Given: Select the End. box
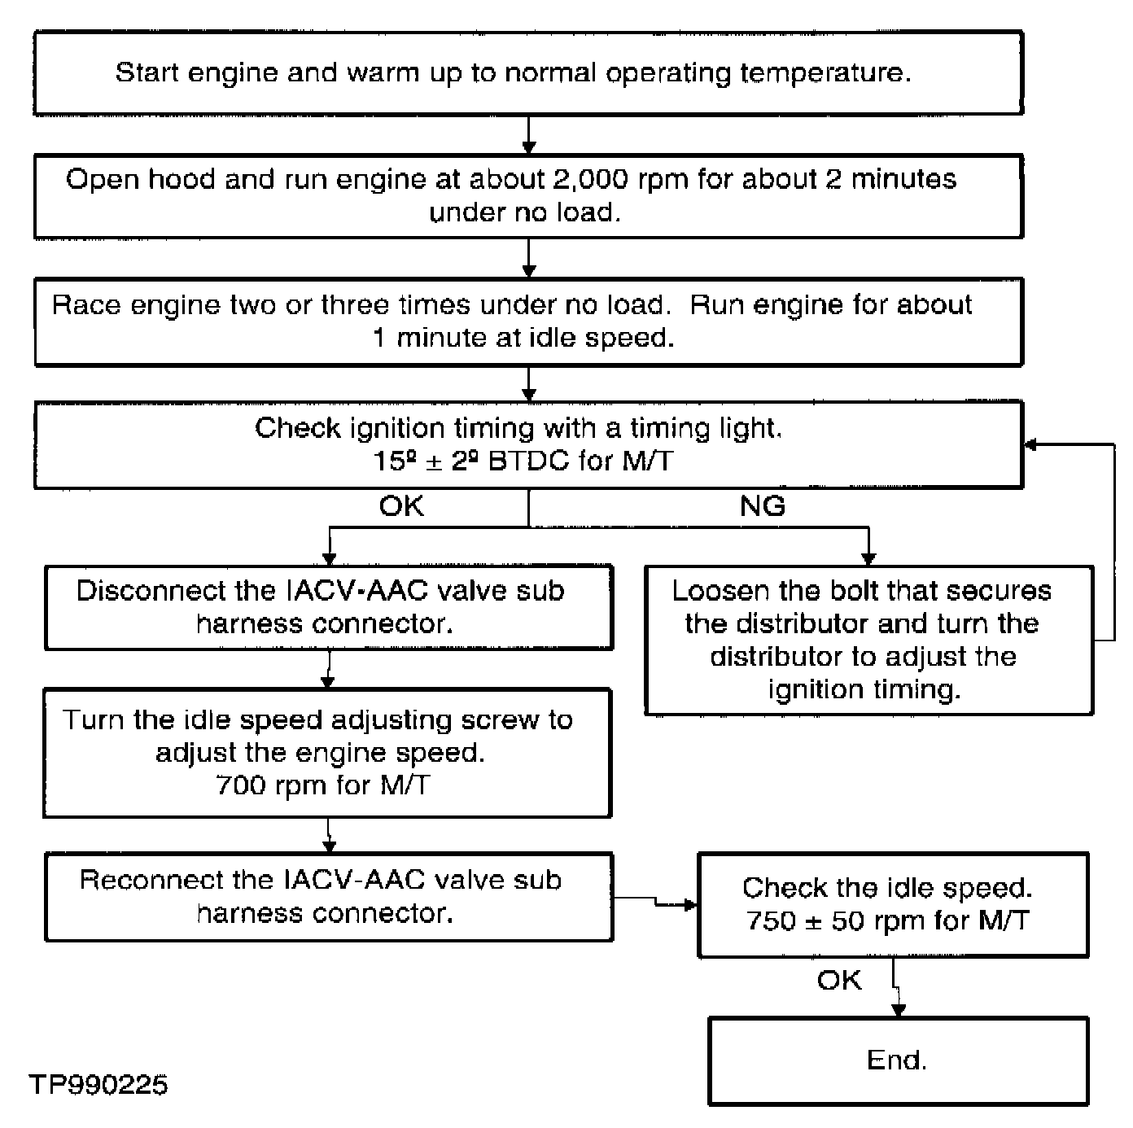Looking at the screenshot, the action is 899,1061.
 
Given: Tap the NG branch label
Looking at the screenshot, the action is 763,505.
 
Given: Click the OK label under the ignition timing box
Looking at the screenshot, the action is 401,505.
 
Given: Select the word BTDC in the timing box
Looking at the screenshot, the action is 528,461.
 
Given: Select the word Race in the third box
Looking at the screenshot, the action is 86,305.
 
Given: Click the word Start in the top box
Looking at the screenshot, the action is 147,73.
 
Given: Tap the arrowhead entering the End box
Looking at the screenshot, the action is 899,1010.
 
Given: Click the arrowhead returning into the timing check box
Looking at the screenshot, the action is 1030,444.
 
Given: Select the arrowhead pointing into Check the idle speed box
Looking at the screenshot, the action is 690,905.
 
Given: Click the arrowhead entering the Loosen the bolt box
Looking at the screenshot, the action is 868,558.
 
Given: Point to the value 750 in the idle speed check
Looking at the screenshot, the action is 771,921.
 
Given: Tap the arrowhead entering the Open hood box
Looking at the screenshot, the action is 528,147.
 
